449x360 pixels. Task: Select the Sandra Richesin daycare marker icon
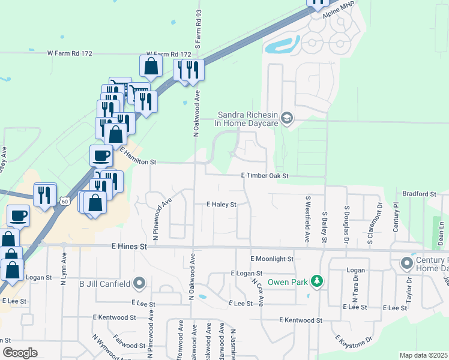(286, 118)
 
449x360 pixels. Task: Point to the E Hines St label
(129, 247)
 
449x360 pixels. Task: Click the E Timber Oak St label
(265, 176)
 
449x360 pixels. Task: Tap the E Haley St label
(221, 205)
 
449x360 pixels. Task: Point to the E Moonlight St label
(271, 259)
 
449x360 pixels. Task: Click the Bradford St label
(419, 194)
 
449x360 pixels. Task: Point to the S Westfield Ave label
(307, 219)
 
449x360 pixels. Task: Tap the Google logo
(20, 353)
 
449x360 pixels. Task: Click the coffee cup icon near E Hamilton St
(101, 156)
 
